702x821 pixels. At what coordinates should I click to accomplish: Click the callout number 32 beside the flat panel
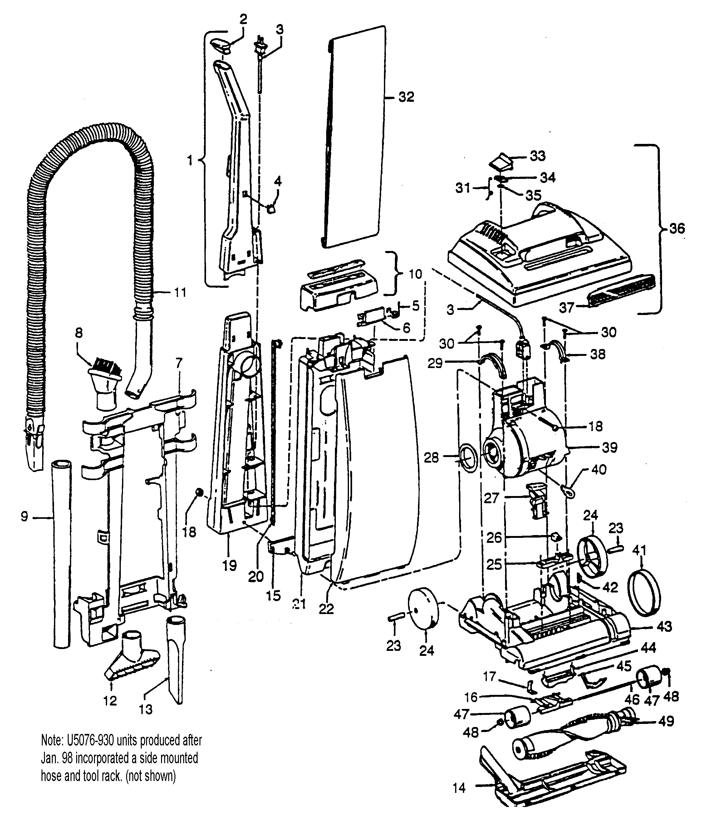[406, 97]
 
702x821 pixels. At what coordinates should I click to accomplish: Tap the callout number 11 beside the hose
[180, 293]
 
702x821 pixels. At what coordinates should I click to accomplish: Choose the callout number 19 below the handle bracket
[229, 565]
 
